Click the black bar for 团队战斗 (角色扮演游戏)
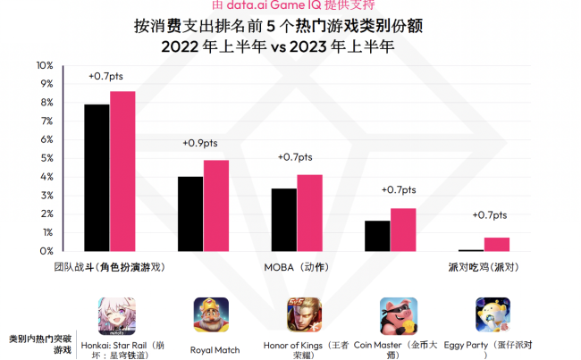(97, 178)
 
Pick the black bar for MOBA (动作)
(283, 220)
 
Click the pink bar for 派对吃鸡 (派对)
(497, 244)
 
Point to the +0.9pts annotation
(199, 143)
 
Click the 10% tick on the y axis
(44, 66)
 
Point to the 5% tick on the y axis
(46, 158)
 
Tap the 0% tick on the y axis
(46, 251)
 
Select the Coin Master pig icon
(398, 314)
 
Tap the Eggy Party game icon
(493, 314)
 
